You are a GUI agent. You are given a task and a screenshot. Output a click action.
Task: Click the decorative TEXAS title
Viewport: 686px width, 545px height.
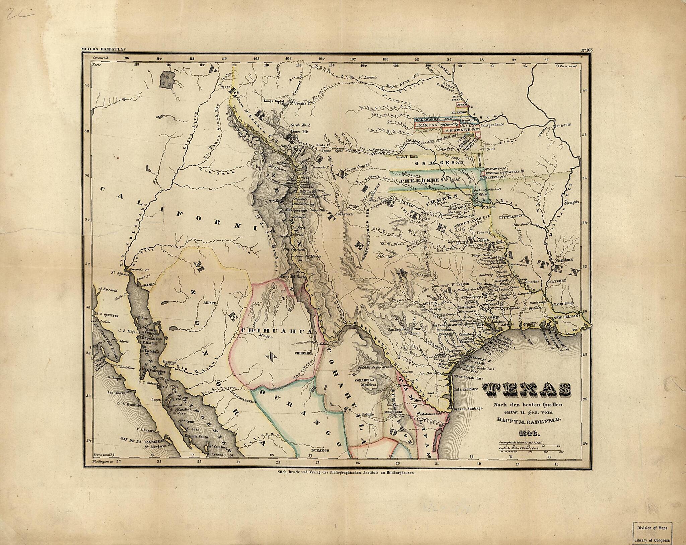(526, 389)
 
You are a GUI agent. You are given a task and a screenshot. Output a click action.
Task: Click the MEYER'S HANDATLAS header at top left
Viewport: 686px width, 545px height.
(103, 50)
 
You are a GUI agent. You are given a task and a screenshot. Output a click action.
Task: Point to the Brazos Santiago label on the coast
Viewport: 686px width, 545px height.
(468, 408)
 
